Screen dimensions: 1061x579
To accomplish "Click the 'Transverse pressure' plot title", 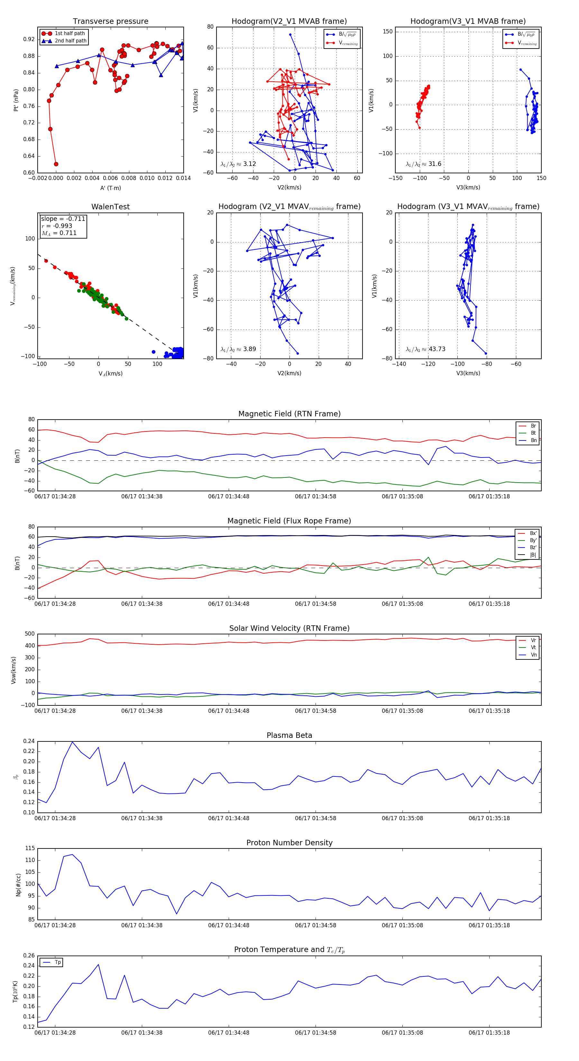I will point(110,22).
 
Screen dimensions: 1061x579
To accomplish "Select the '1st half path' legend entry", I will point(70,33).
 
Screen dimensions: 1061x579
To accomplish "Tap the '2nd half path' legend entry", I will point(70,41).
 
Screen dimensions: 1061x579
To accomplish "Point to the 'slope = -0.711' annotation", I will point(63,219).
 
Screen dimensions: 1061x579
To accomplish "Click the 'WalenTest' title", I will point(110,207).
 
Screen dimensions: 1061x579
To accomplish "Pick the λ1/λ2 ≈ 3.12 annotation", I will point(238,164).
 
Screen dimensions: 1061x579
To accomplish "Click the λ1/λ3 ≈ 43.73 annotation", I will point(425,349).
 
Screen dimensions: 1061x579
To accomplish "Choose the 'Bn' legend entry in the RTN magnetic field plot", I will point(533,440).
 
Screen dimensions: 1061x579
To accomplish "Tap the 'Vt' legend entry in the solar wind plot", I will point(533,648).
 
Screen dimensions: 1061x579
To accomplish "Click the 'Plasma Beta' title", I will point(289,735).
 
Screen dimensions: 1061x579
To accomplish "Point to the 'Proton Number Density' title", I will point(289,843).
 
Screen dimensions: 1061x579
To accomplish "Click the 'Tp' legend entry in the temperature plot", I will point(58,962).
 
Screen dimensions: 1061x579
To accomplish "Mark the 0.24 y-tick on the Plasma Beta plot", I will point(29,741).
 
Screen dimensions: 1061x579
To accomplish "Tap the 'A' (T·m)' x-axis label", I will point(110,188).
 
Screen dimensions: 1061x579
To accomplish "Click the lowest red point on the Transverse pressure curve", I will point(56,164).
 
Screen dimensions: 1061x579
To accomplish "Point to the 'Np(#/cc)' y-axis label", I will point(18,885).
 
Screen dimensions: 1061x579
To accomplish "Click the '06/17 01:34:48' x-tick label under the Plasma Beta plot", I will point(228,818).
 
